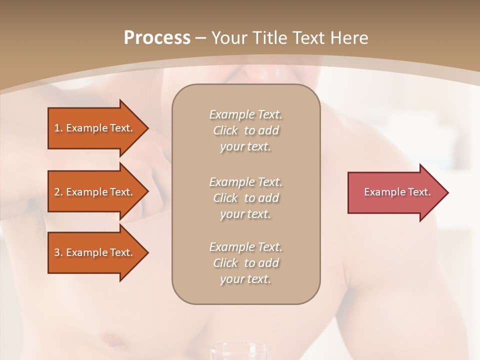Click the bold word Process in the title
point(157,38)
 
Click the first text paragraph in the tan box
point(245,130)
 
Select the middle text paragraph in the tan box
point(245,198)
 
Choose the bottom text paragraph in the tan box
point(245,263)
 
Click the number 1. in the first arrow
point(58,128)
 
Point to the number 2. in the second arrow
point(58,192)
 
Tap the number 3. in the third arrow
point(58,252)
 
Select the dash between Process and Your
point(200,38)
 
